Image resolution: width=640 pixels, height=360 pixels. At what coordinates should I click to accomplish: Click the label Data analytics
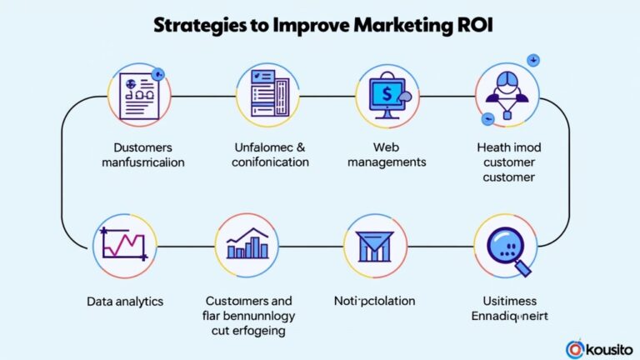[x=124, y=300]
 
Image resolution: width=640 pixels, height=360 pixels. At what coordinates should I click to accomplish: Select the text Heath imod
[x=507, y=147]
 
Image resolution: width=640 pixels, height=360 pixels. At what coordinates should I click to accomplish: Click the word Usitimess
[x=505, y=301]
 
